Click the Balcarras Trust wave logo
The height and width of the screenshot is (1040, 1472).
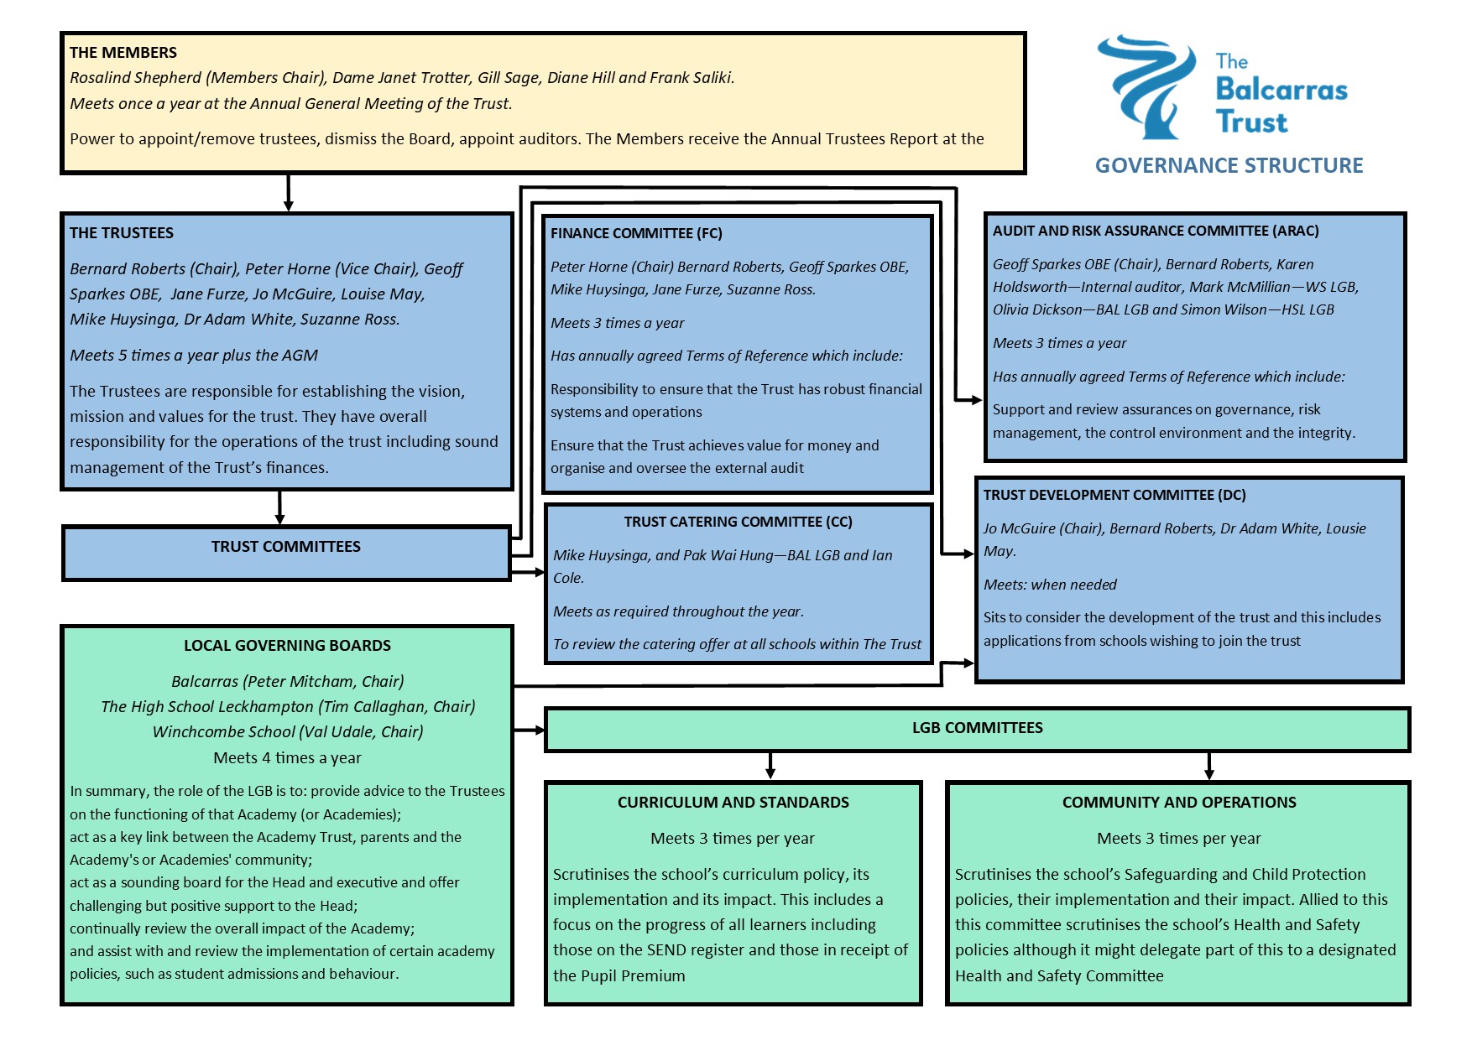tap(1146, 86)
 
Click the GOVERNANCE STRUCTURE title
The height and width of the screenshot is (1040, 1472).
tap(1229, 165)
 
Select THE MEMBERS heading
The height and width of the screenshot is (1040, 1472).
tap(123, 53)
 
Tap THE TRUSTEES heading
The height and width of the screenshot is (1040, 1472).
tap(122, 233)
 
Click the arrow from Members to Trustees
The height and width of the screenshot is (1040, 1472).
tap(288, 193)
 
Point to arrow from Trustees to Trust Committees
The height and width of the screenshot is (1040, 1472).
tap(279, 508)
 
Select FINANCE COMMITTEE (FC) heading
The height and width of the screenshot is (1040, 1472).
tap(636, 233)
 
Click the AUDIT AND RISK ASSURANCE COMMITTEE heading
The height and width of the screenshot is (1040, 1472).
tap(1156, 231)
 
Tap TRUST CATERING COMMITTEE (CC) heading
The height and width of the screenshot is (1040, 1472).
tap(738, 522)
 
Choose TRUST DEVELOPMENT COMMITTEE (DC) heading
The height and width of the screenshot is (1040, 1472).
tap(1114, 495)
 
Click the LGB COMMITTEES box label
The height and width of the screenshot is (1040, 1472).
tap(977, 728)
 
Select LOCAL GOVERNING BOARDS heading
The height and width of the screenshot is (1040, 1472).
tap(287, 646)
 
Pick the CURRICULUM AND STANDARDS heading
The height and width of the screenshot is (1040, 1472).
tap(733, 803)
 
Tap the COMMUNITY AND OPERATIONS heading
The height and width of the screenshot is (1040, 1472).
tap(1178, 803)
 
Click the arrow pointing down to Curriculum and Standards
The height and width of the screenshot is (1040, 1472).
tap(770, 766)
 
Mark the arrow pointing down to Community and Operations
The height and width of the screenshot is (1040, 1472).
tap(1208, 766)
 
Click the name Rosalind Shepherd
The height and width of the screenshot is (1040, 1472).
tap(136, 78)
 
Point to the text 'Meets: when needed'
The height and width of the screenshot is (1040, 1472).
tap(1050, 585)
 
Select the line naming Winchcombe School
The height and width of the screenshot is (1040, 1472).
tap(287, 732)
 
